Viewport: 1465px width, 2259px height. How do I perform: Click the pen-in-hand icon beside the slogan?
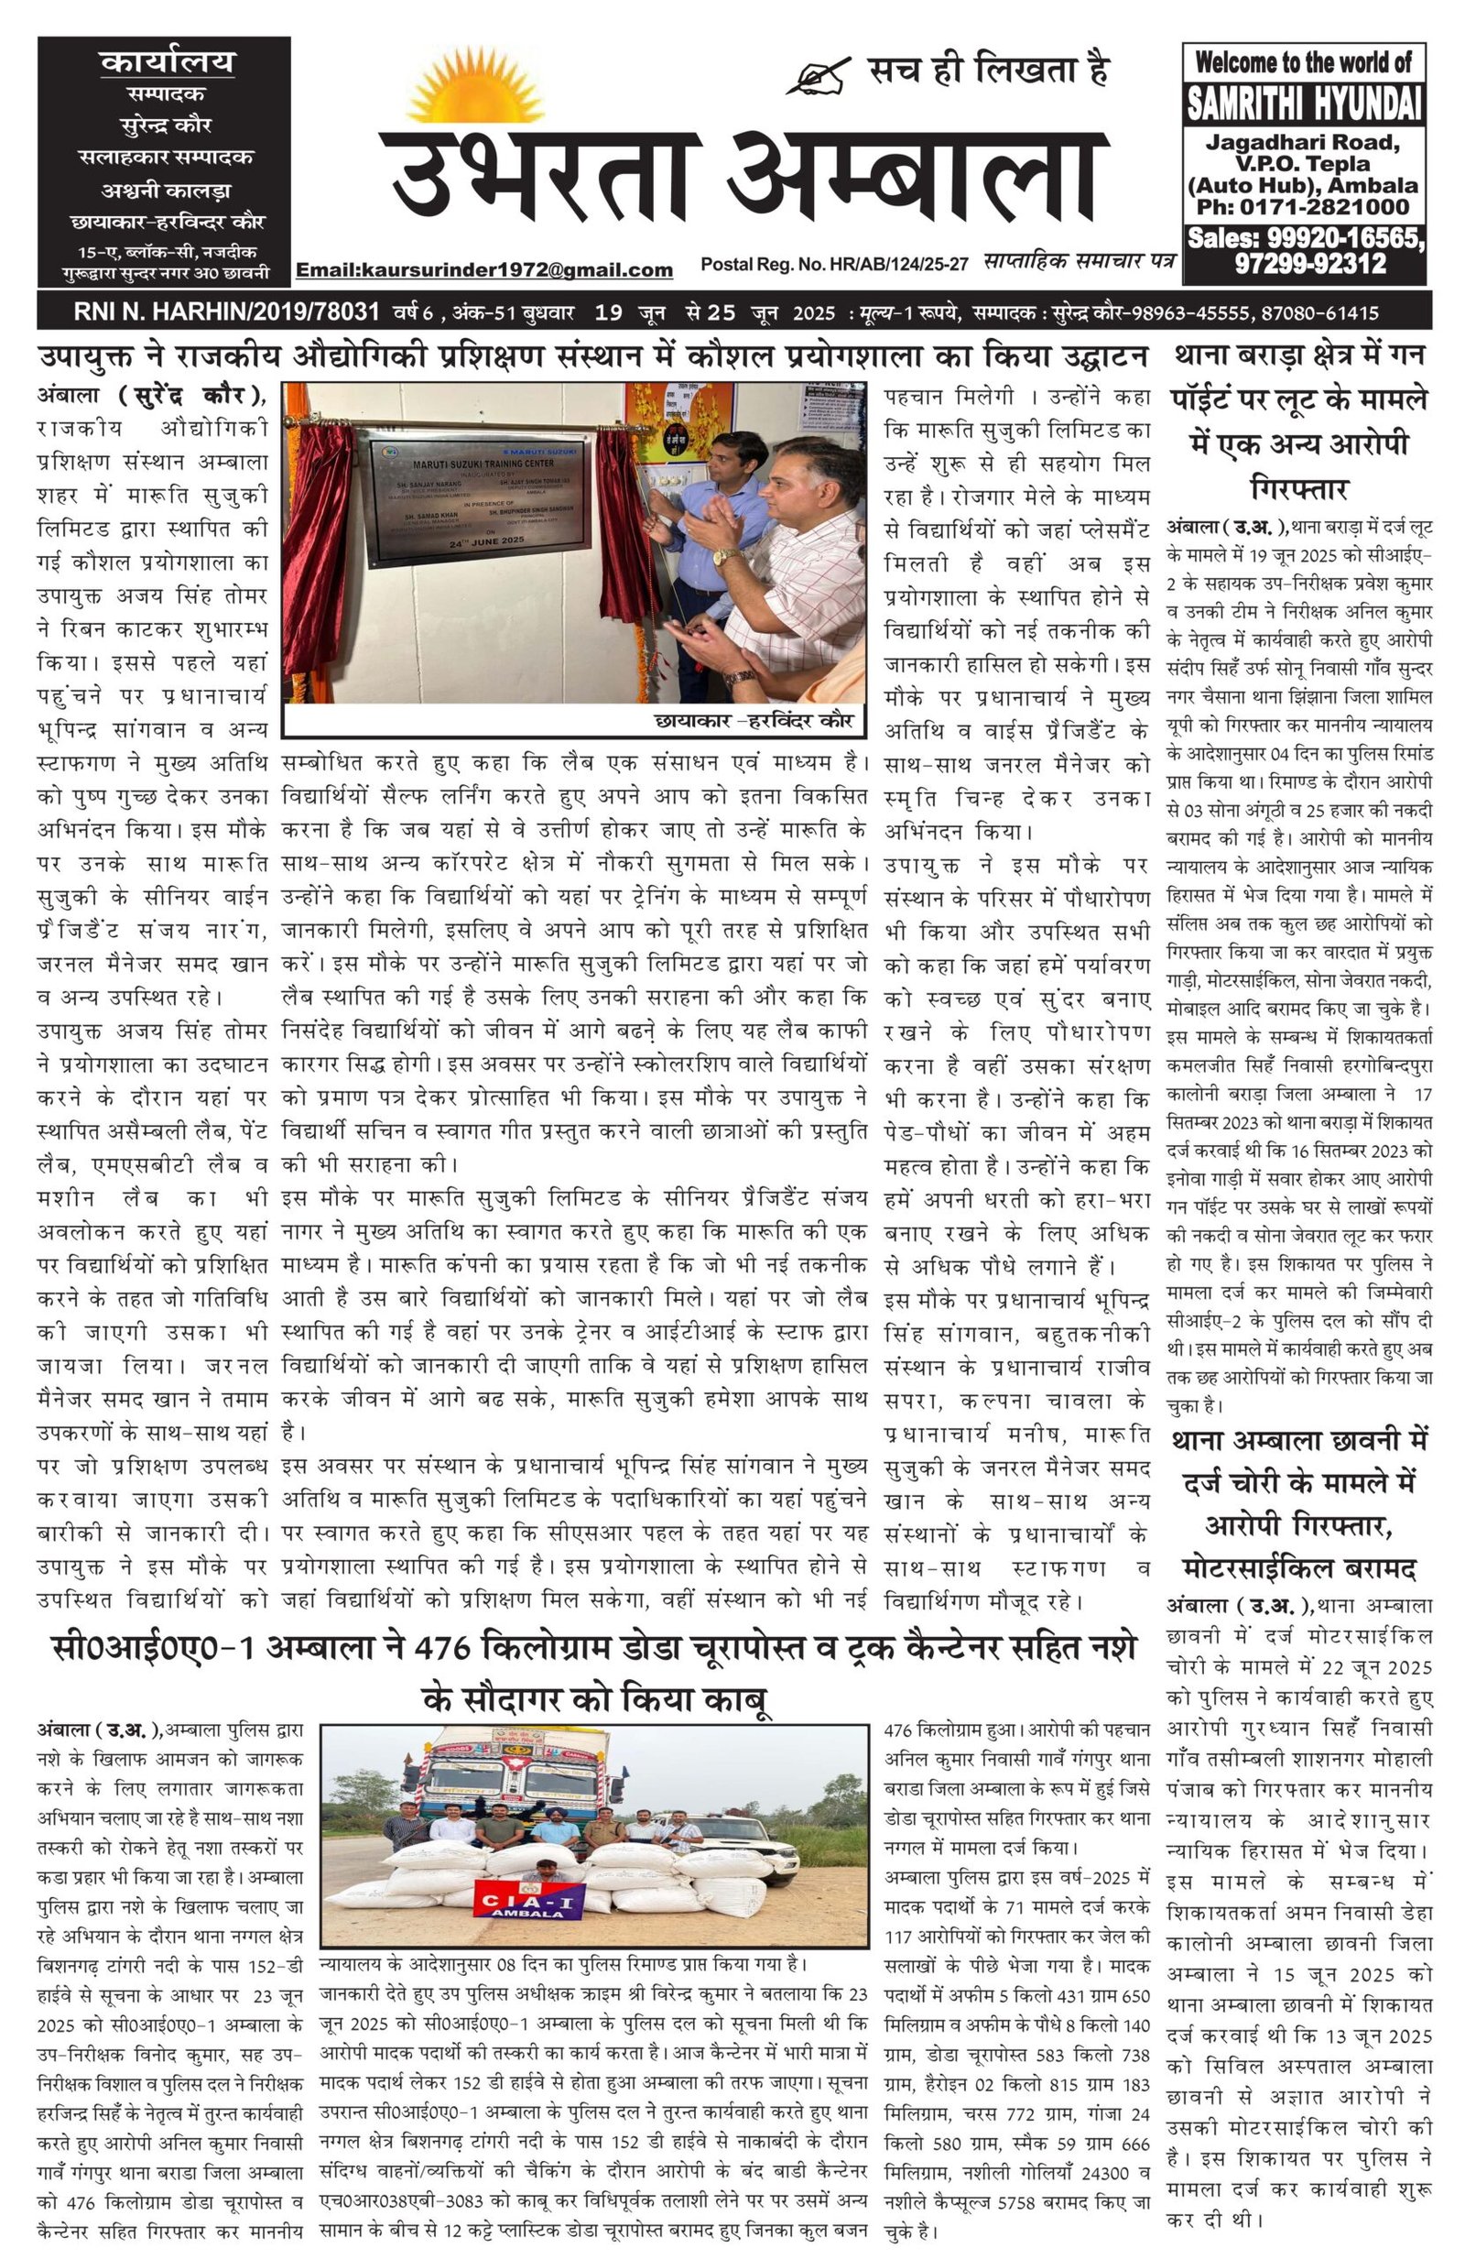click(x=816, y=75)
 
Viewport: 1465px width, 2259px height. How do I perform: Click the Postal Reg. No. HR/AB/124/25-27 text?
click(x=834, y=263)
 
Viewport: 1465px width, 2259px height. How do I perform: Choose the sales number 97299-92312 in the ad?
click(x=1309, y=264)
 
